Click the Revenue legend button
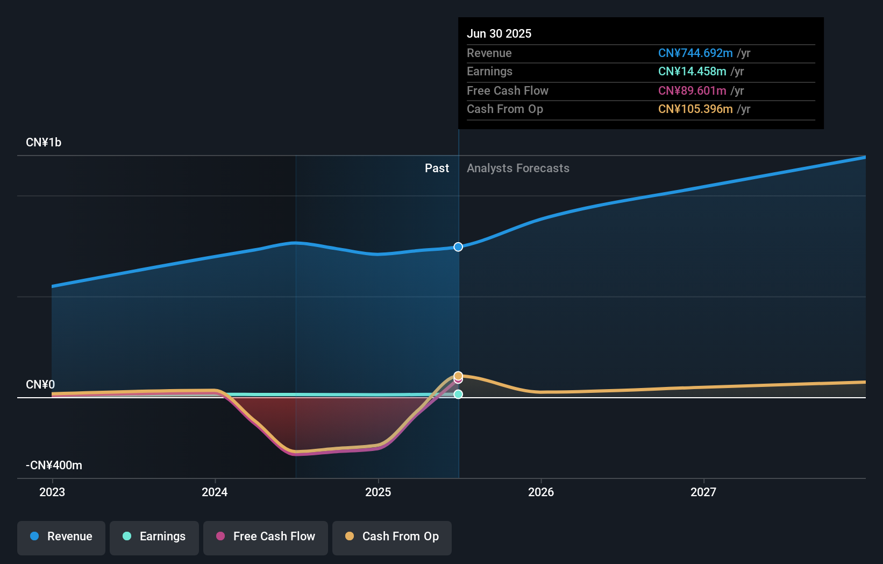point(61,537)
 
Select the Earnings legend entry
point(154,537)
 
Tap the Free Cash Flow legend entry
point(266,537)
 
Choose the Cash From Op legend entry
point(392,537)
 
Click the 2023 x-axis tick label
point(52,492)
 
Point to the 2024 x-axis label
point(215,492)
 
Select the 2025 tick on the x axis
point(378,492)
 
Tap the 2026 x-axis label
point(541,492)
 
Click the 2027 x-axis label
point(703,492)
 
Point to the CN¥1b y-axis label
point(44,143)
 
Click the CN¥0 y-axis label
point(40,385)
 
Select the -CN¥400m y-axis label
point(54,466)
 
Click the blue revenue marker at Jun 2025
point(458,247)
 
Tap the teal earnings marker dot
point(458,394)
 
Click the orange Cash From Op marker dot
point(458,376)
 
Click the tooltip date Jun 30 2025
point(499,34)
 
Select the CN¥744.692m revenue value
point(695,53)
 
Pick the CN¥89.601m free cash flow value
point(692,91)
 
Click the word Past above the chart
point(437,168)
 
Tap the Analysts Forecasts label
point(518,168)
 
